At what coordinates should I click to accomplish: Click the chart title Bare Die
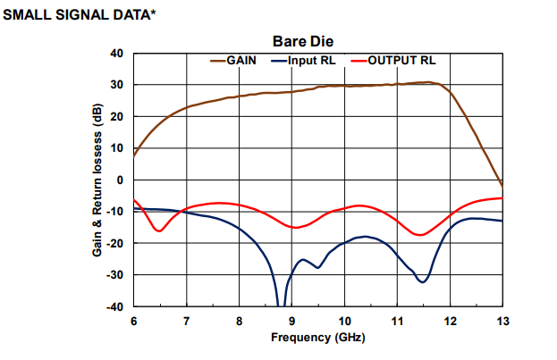(308, 41)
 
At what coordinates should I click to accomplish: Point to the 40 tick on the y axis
(116, 54)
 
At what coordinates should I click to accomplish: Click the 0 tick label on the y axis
(119, 180)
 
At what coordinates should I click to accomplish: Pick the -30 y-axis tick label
(114, 275)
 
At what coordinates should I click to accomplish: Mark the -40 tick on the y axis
(114, 307)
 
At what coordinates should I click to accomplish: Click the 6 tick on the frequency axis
(133, 320)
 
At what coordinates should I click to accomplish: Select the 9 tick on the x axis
(291, 320)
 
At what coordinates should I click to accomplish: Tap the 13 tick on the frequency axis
(502, 320)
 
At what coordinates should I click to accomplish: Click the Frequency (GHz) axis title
(318, 338)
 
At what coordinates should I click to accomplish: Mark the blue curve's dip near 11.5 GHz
(423, 281)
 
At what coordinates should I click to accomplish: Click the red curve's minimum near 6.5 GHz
(159, 231)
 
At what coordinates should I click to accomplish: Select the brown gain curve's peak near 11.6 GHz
(429, 82)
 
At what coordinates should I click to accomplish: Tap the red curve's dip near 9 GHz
(294, 227)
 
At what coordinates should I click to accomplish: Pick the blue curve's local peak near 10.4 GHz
(365, 237)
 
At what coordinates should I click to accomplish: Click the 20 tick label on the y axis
(116, 117)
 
